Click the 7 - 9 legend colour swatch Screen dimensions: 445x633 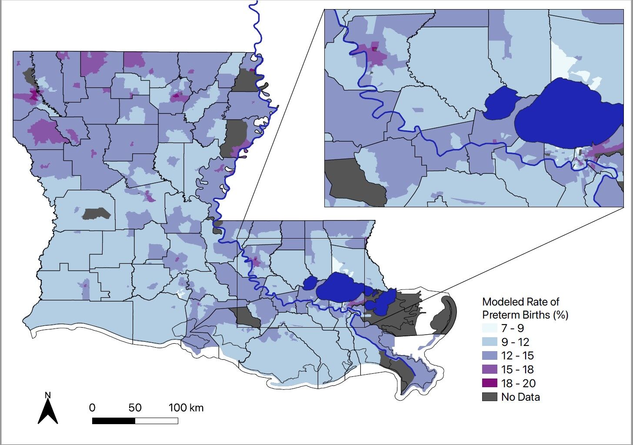489,328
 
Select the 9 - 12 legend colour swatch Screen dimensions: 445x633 489,342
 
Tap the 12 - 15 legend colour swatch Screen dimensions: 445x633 489,355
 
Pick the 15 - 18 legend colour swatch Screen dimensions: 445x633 489,369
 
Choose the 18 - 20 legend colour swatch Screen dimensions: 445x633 489,383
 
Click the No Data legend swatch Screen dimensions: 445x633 489,397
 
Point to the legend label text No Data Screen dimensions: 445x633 520,397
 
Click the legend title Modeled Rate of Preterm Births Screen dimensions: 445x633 525,308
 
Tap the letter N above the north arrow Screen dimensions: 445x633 48,395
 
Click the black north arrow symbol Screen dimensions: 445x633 48,413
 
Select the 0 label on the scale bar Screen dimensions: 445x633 92,408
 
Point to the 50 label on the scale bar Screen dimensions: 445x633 135,408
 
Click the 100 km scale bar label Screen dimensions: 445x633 186,408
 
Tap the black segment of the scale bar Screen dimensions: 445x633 113,421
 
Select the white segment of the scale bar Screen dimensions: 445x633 157,421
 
